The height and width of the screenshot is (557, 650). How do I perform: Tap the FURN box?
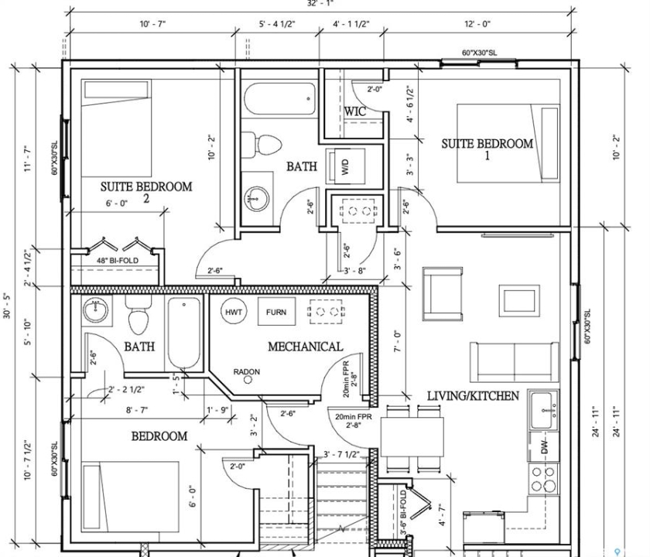(x=275, y=312)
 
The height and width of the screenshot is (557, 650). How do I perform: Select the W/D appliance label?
(x=345, y=167)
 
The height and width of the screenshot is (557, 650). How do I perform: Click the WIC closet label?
(x=355, y=111)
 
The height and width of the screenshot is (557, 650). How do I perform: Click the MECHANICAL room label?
(x=305, y=347)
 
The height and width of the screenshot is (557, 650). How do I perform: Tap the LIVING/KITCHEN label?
(x=473, y=396)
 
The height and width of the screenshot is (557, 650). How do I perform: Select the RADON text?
(x=247, y=372)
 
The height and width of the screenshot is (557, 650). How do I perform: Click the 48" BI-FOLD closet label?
(x=118, y=261)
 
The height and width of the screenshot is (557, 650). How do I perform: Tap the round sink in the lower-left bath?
(x=97, y=311)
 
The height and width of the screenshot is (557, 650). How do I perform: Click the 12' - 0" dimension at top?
(x=477, y=24)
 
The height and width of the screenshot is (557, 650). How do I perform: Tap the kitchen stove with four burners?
(x=543, y=478)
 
